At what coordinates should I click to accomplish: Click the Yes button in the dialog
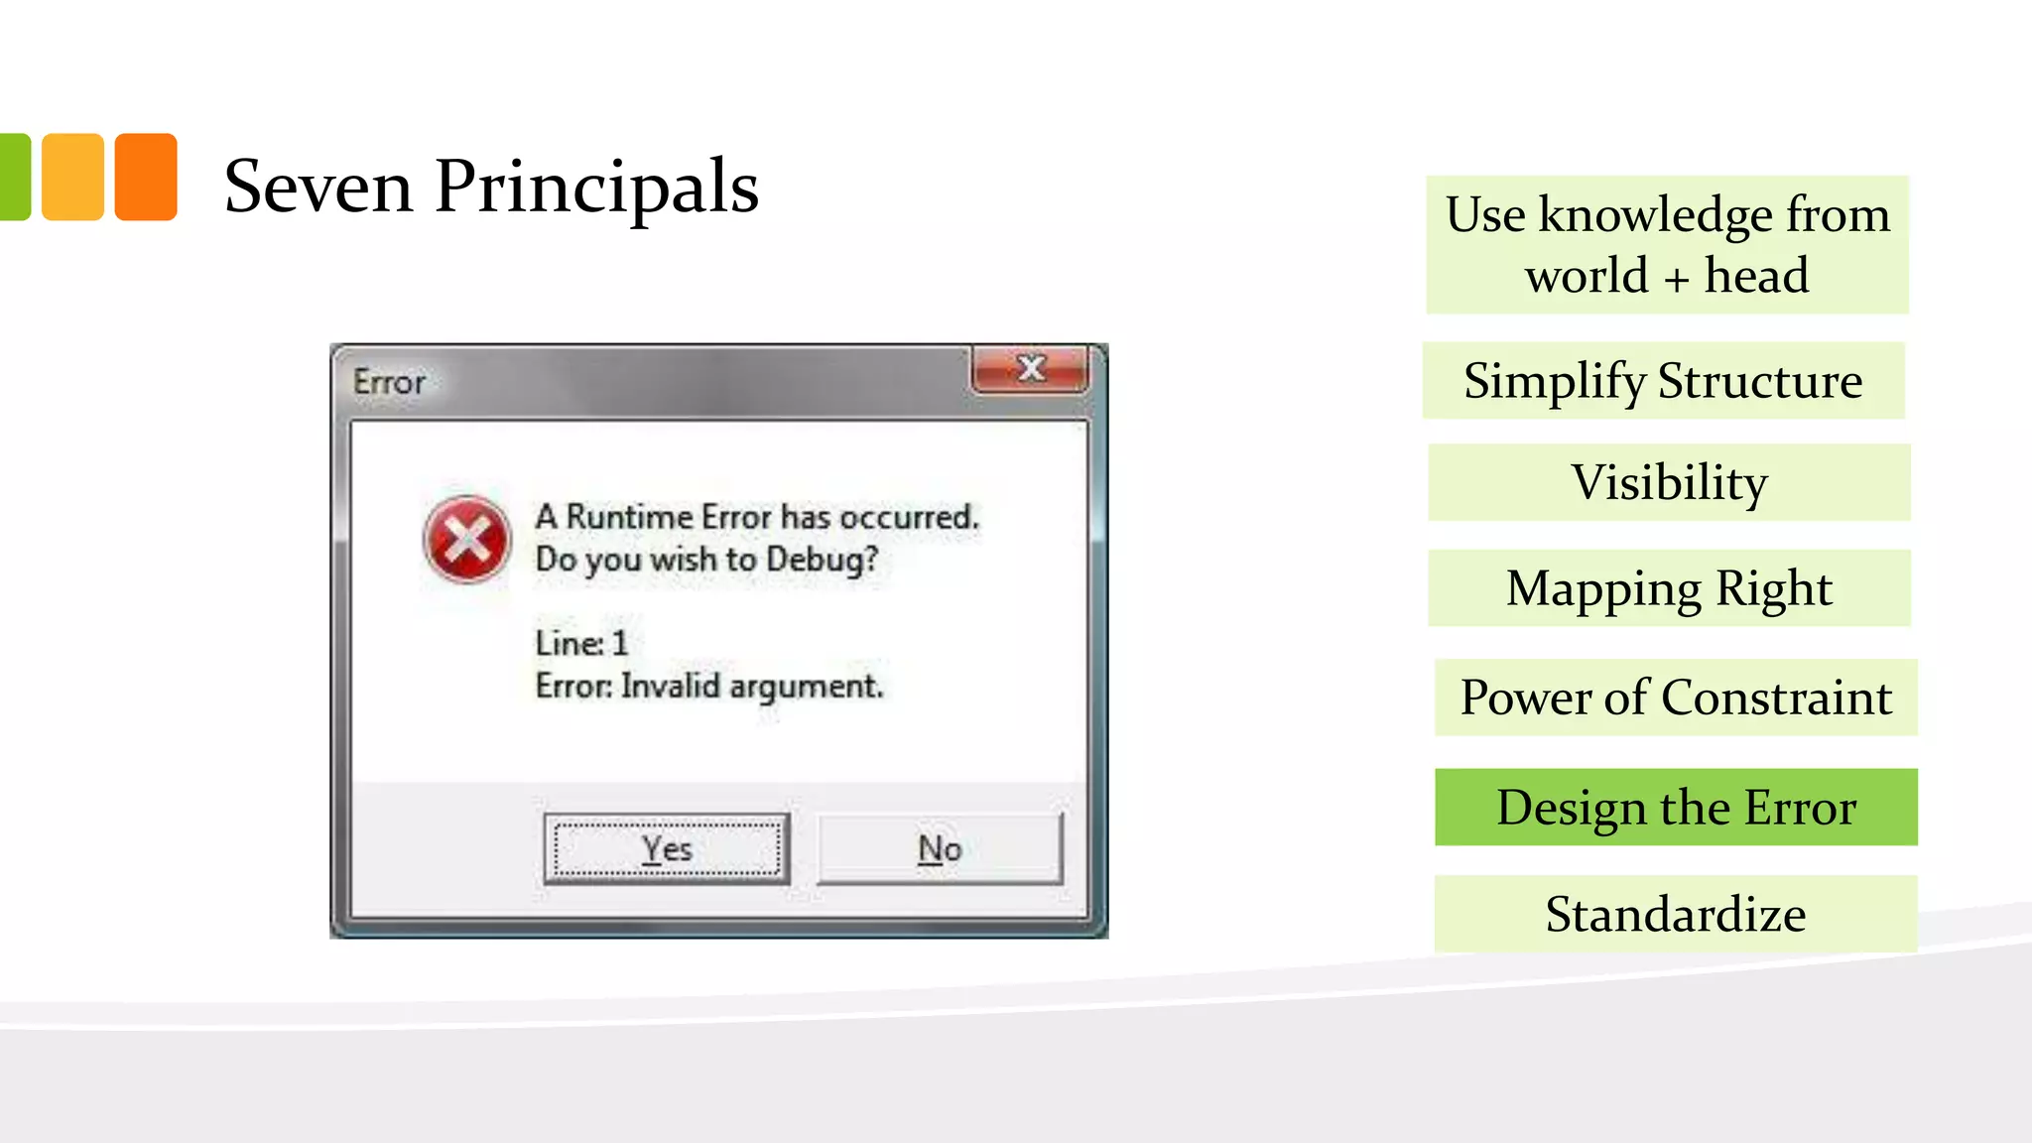coord(666,848)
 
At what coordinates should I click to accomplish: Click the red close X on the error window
coord(1031,369)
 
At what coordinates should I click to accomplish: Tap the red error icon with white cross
coord(466,540)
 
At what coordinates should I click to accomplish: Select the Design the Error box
coord(1676,807)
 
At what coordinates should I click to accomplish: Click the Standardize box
coord(1676,914)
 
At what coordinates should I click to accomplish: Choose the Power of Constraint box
coord(1676,697)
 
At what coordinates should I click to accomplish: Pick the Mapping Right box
coord(1669,587)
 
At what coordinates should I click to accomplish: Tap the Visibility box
coord(1669,482)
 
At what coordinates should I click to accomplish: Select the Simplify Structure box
coord(1663,380)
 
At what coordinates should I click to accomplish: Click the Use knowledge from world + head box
coord(1667,244)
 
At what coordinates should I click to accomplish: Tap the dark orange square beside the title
coord(146,177)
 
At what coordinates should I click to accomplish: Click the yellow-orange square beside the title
coord(72,177)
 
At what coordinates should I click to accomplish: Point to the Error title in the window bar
coord(389,382)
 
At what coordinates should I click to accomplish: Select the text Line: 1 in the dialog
coord(581,643)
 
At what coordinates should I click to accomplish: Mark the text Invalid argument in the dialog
coord(751,686)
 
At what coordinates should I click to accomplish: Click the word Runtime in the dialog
coord(629,517)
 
